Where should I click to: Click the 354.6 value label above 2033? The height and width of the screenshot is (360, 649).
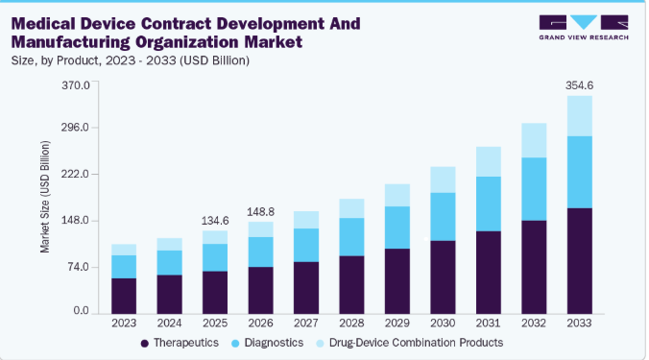point(579,85)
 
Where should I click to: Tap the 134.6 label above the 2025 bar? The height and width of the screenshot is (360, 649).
point(215,221)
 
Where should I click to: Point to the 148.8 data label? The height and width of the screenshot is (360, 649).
point(260,212)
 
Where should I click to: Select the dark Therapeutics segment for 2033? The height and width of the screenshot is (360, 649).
point(580,261)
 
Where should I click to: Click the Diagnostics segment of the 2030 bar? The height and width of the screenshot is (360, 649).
point(443,216)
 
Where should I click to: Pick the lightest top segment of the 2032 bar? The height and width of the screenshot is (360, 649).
point(534,140)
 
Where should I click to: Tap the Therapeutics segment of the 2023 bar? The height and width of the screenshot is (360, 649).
point(124,296)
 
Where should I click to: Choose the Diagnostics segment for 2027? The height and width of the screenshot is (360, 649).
point(306,245)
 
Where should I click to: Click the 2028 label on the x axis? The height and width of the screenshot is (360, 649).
point(351,324)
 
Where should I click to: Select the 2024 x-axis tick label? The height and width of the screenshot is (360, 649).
point(169,324)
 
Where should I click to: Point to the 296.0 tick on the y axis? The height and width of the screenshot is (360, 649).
point(75,128)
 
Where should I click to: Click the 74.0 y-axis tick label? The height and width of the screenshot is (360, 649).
point(78,267)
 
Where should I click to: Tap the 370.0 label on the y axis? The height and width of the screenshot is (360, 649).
point(75,85)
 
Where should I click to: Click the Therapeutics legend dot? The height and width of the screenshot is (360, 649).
point(144,344)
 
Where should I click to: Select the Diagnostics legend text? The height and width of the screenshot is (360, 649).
point(274,343)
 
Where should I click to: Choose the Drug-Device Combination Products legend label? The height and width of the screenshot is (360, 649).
point(416,343)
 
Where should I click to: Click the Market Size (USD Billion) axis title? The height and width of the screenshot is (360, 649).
point(45,197)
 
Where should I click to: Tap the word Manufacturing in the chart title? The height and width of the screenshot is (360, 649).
point(71,42)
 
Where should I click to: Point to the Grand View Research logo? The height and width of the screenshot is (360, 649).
point(584,27)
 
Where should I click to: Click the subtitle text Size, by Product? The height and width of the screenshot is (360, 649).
point(56,60)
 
